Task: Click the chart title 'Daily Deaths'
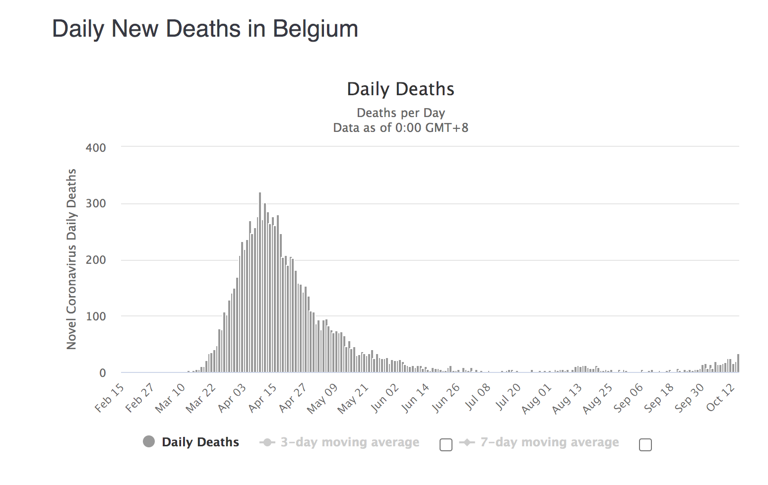click(400, 89)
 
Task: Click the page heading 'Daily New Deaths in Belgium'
click(205, 29)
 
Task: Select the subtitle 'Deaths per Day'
click(400, 113)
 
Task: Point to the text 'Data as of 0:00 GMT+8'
click(400, 128)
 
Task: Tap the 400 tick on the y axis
click(96, 148)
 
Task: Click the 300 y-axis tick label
click(96, 204)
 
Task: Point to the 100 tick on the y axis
click(96, 316)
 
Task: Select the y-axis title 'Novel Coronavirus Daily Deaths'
click(72, 259)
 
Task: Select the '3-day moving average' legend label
click(350, 442)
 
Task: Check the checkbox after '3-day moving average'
click(446, 445)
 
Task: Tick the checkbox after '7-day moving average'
click(645, 445)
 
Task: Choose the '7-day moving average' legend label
click(549, 442)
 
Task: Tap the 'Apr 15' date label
click(263, 398)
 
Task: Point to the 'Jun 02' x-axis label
click(385, 398)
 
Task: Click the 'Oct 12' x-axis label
click(721, 398)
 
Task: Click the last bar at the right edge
click(738, 364)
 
